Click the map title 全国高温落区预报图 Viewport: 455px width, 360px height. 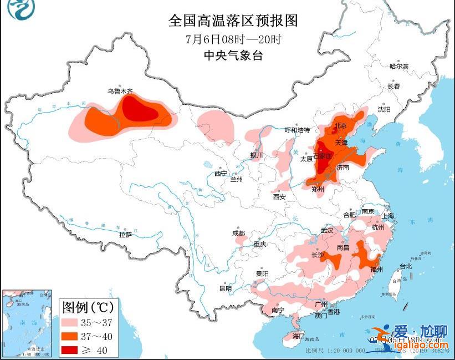coord(233,21)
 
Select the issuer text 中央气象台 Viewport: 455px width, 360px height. coord(233,55)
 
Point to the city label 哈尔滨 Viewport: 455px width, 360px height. coord(398,67)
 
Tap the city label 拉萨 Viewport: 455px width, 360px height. coord(125,235)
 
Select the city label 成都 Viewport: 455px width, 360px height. coord(238,234)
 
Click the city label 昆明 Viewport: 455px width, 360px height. coord(225,288)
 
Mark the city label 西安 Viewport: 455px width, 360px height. coord(279,196)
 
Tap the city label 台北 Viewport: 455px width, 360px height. coord(405,266)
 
